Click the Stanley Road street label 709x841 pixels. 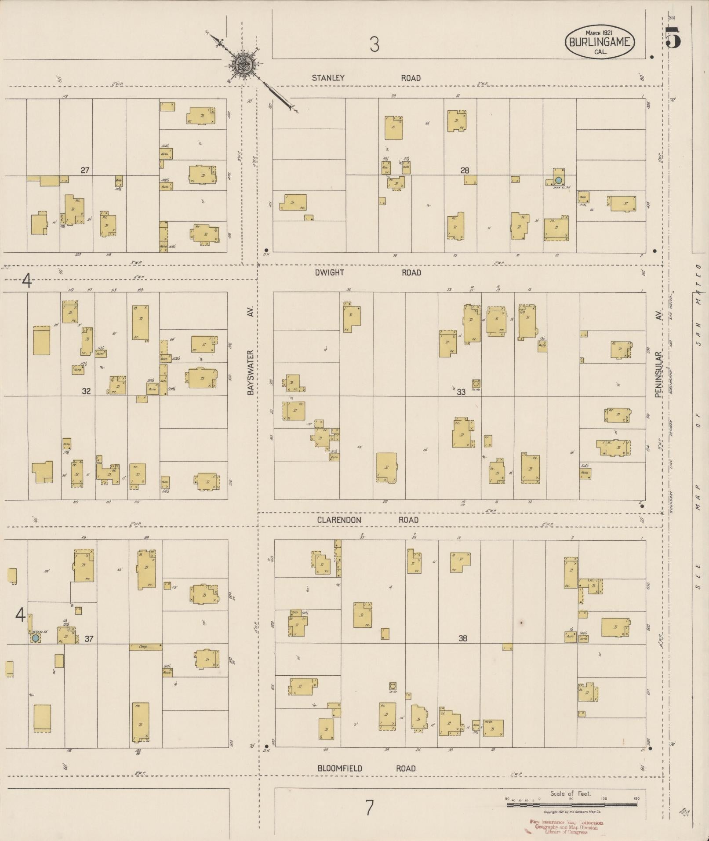[366, 78]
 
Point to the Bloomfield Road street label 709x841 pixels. [366, 768]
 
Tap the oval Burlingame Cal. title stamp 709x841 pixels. [600, 42]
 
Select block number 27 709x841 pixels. [85, 170]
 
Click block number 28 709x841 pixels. [465, 171]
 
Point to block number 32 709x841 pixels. [86, 390]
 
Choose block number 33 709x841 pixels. [461, 392]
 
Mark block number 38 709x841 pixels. [462, 638]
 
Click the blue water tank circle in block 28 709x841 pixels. [558, 180]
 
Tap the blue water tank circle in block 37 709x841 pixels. [35, 637]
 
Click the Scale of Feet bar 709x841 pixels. [571, 805]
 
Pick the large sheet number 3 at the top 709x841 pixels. [374, 44]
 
